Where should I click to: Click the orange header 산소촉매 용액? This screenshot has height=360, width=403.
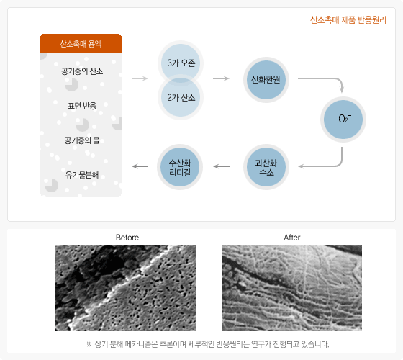tap(81, 43)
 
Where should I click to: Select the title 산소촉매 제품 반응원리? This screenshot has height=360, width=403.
tap(348, 20)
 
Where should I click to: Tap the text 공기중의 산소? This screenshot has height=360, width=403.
tap(82, 71)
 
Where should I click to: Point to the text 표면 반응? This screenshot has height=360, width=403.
tap(82, 106)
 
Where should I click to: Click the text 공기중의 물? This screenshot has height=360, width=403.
tap(82, 140)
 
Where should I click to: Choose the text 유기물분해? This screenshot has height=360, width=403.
tap(82, 175)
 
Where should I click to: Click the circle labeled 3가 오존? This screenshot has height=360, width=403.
tap(181, 62)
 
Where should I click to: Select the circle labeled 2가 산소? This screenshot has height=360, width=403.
tap(181, 98)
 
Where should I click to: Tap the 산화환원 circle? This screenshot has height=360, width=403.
tap(266, 80)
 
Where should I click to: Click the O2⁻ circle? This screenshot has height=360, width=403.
tap(343, 120)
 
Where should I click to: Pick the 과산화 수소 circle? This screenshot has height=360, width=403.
tap(266, 167)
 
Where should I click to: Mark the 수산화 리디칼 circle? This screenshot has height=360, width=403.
tap(180, 167)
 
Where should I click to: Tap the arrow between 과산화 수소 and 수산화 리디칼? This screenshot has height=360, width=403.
tap(222, 166)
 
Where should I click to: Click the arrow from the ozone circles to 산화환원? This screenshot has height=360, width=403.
tap(221, 78)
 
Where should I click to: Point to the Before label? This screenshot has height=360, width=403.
tap(127, 238)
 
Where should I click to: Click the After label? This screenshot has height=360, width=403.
tap(292, 238)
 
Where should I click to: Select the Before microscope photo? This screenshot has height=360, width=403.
tap(125, 288)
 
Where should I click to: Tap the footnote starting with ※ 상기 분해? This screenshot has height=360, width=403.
tap(208, 344)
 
